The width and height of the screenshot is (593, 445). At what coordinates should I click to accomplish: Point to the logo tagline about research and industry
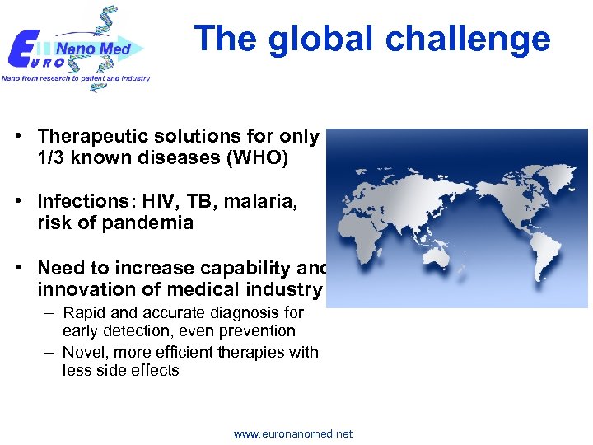pyautogui.click(x=76, y=78)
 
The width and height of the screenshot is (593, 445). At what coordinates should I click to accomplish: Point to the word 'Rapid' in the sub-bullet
pyautogui.click(x=82, y=313)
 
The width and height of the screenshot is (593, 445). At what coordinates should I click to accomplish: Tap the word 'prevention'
pyautogui.click(x=257, y=330)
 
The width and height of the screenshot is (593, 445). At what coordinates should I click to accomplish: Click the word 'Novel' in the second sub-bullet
pyautogui.click(x=83, y=352)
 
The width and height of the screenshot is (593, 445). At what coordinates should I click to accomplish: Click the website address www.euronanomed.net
pyautogui.click(x=293, y=433)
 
